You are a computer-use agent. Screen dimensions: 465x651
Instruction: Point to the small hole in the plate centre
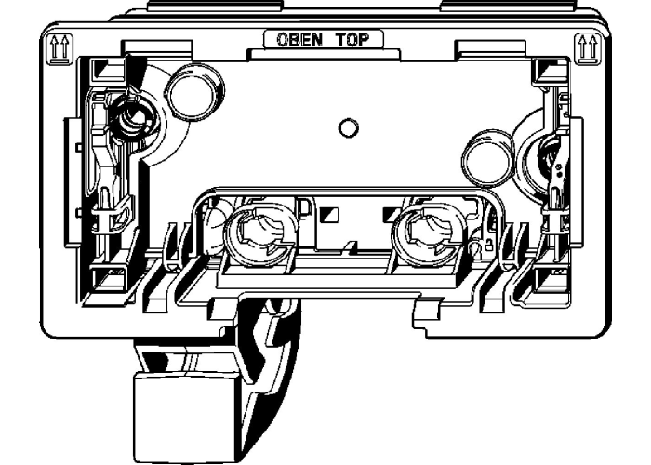pyautogui.click(x=347, y=126)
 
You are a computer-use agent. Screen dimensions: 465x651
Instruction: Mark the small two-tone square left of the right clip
pyautogui.click(x=389, y=214)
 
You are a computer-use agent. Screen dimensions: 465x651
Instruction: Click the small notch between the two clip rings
pyautogui.click(x=350, y=246)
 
